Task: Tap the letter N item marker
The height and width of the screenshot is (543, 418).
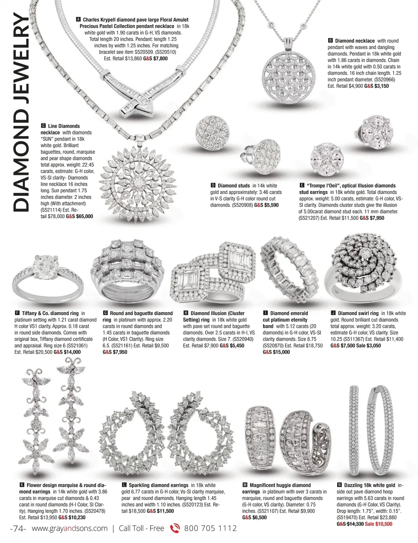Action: (339, 485)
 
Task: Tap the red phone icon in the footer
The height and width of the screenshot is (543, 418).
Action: (174, 529)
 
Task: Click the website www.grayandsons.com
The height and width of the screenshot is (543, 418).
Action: (70, 529)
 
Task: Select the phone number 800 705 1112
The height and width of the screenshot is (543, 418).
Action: (210, 529)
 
